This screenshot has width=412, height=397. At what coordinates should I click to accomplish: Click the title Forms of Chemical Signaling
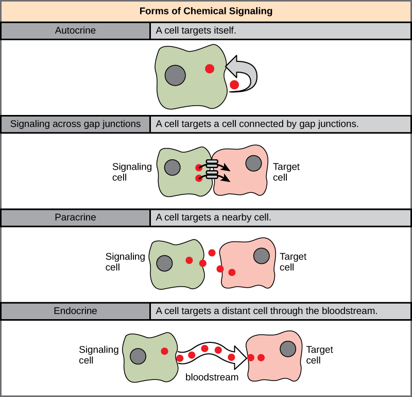point(206,11)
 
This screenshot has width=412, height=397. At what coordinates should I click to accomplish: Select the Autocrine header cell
point(75,30)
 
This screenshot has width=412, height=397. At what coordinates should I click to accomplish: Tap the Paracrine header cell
point(75,218)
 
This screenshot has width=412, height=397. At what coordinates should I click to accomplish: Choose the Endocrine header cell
point(75,311)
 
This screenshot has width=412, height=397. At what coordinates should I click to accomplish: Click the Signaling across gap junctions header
point(75,124)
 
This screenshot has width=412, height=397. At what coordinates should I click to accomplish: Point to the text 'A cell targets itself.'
point(196,30)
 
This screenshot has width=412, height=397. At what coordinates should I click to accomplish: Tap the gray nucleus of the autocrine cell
point(175,75)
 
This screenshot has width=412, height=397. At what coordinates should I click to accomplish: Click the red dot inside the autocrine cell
point(210,69)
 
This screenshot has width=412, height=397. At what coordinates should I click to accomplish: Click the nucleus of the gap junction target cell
point(253,163)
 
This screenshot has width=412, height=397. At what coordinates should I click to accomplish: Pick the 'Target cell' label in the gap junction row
point(286,172)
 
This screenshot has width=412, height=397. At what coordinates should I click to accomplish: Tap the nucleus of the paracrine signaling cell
point(164,262)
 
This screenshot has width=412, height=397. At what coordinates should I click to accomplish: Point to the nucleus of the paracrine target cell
point(261,255)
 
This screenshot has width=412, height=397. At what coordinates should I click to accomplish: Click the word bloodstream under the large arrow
point(212,377)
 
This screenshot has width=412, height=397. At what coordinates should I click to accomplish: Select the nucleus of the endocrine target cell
point(287,349)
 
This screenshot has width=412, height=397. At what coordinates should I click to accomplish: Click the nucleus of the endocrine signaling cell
point(138,356)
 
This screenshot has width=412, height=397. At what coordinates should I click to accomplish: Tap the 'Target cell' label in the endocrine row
point(319,355)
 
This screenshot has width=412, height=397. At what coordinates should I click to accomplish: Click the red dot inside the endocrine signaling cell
point(164,351)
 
